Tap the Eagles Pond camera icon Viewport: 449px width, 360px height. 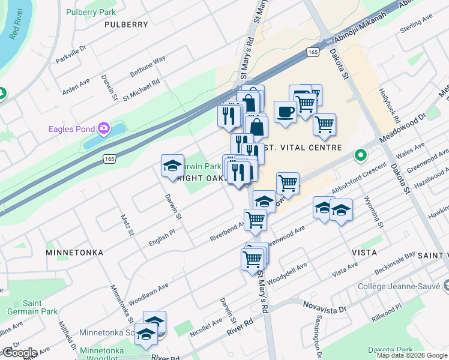[104, 128]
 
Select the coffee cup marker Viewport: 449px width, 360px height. [285, 112]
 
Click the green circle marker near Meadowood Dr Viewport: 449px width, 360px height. [360, 155]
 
